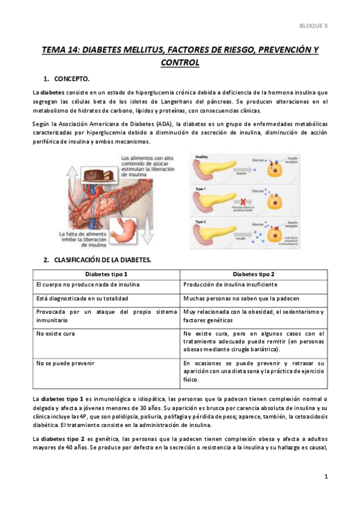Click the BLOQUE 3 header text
[313, 25]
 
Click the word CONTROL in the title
[180, 62]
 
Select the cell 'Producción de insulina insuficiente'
[231, 284]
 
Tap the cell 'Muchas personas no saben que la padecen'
[241, 299]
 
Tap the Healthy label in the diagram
[201, 157]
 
